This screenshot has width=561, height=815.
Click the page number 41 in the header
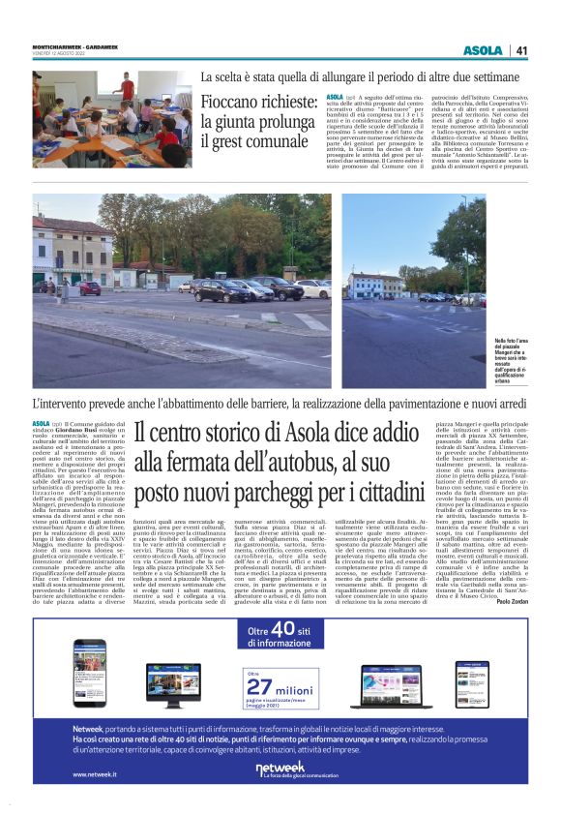pyautogui.click(x=521, y=50)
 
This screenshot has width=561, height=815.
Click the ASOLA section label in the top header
pyautogui.click(x=483, y=50)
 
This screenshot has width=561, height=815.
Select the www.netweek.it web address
pyautogui.click(x=95, y=774)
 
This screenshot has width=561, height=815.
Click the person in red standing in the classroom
pyautogui.click(x=125, y=86)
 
